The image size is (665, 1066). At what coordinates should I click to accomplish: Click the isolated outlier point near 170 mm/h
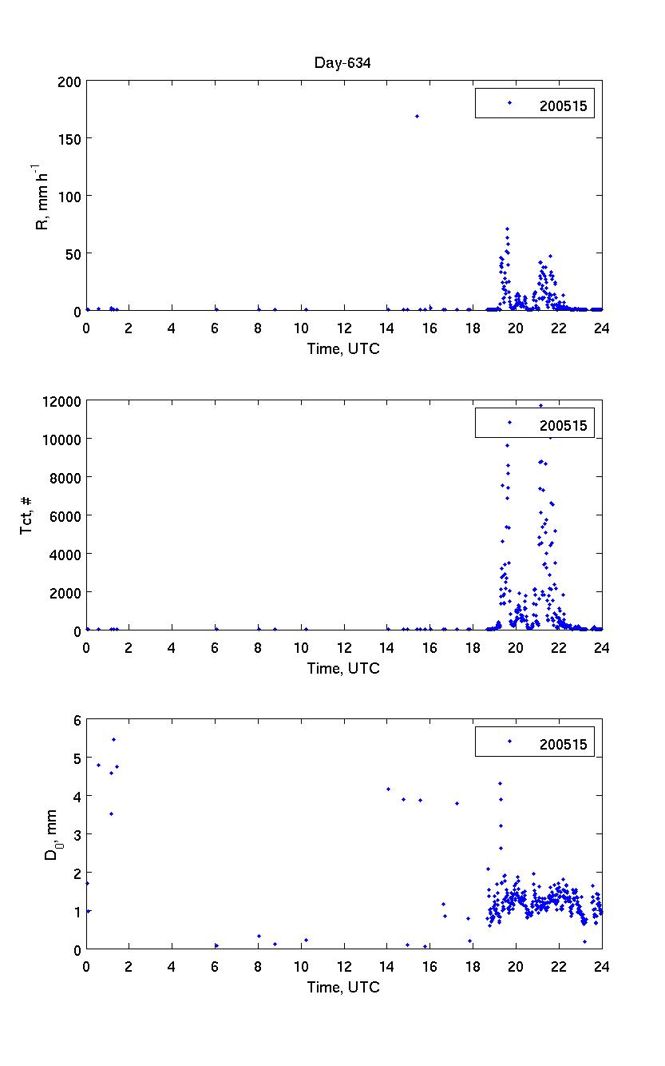417,116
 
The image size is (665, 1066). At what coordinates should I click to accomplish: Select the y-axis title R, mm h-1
43,196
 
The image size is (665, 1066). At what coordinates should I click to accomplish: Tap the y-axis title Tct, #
27,515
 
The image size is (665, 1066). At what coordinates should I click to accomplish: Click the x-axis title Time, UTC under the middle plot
343,668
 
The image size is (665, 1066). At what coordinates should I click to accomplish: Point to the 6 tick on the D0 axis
77,720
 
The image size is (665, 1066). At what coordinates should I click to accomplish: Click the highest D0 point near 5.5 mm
113,739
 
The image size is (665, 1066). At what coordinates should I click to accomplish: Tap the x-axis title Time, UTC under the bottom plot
343,988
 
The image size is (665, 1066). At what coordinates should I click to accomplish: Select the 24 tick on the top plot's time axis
602,327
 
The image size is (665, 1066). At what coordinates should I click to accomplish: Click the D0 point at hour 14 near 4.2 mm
388,789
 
